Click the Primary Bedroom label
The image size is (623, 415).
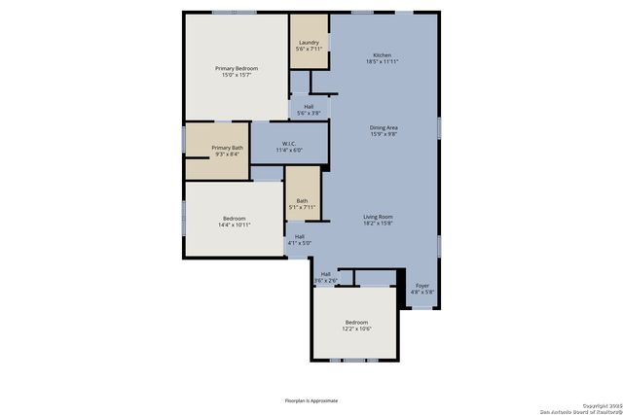pyautogui.click(x=237, y=68)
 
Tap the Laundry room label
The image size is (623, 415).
pyautogui.click(x=309, y=43)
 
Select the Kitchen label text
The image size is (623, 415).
pyautogui.click(x=383, y=55)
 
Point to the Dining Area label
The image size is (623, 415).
pyautogui.click(x=384, y=127)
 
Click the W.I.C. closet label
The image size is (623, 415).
pyautogui.click(x=289, y=145)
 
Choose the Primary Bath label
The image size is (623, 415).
pyautogui.click(x=228, y=148)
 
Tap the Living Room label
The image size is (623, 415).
pyautogui.click(x=378, y=217)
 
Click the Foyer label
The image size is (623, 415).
pyautogui.click(x=422, y=286)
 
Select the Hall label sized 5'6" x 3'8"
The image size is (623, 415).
pyautogui.click(x=309, y=107)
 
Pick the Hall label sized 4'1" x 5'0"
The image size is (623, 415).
pyautogui.click(x=300, y=236)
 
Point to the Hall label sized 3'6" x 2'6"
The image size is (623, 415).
pyautogui.click(x=325, y=274)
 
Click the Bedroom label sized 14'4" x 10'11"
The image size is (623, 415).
pyautogui.click(x=235, y=219)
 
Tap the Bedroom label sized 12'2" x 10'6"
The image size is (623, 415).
pyautogui.click(x=356, y=322)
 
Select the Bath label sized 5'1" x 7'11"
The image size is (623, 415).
pyautogui.click(x=302, y=201)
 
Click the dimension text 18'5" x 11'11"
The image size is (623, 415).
pyautogui.click(x=383, y=61)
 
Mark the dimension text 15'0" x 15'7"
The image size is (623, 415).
pyautogui.click(x=237, y=75)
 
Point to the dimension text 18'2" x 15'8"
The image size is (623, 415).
pyautogui.click(x=378, y=224)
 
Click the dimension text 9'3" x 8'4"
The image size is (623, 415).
pyautogui.click(x=228, y=154)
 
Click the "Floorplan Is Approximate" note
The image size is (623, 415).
pyautogui.click(x=311, y=400)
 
